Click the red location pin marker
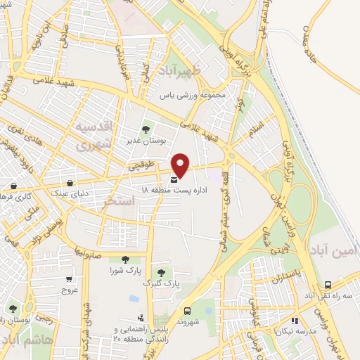pyautogui.click(x=181, y=164)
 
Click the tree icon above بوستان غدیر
pyautogui.click(x=146, y=129)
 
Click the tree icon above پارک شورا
pyautogui.click(x=125, y=259)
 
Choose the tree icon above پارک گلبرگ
pyautogui.click(x=161, y=272)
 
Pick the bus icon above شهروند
pyautogui.click(x=187, y=310)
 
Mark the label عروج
pyautogui.click(x=69, y=289)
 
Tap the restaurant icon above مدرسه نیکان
pyautogui.click(x=295, y=320)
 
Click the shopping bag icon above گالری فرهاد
pyautogui.click(x=14, y=186)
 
